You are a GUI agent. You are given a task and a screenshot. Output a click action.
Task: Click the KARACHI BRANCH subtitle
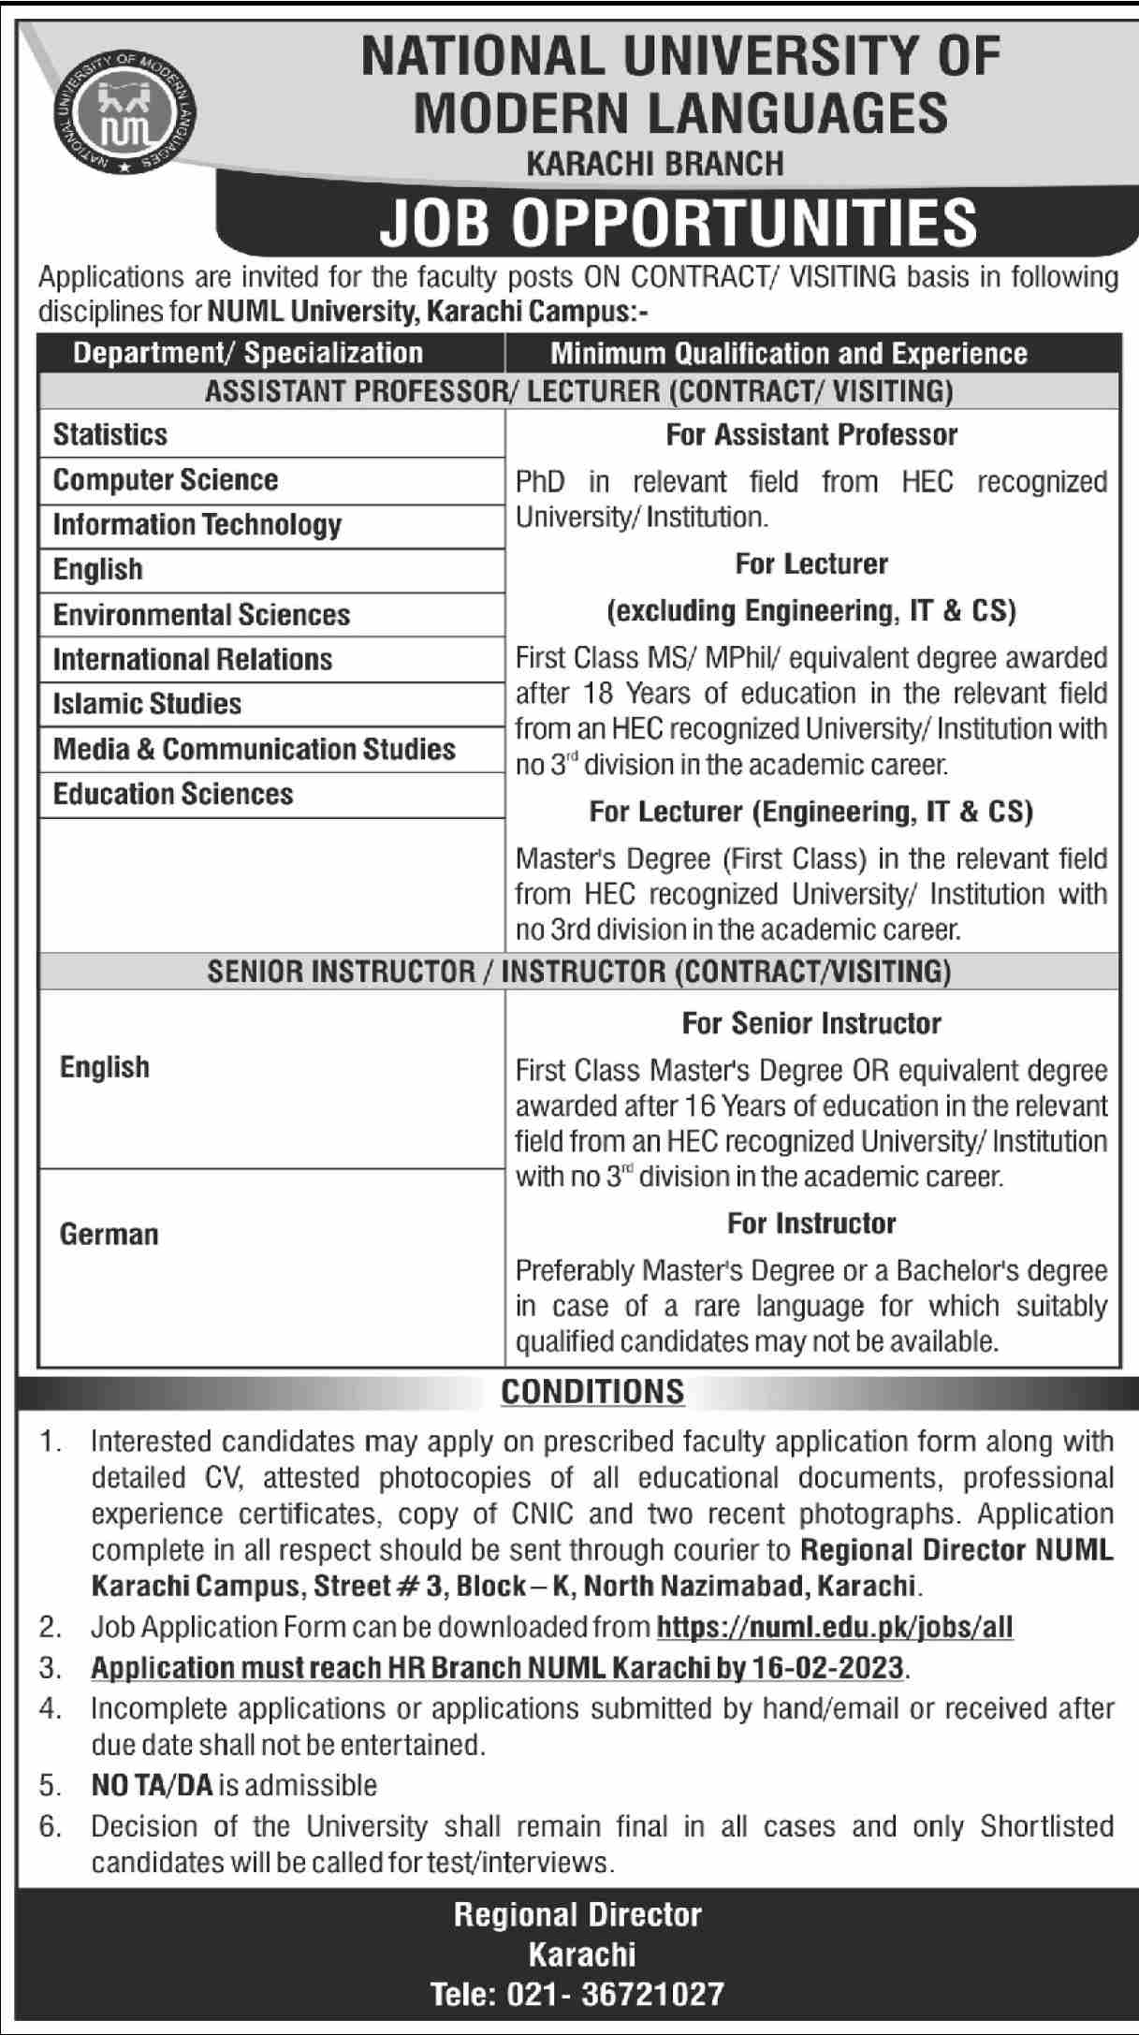coord(655,165)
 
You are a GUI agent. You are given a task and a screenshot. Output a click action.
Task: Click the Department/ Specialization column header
coord(248,353)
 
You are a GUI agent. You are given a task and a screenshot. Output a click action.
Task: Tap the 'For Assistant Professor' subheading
coord(811,434)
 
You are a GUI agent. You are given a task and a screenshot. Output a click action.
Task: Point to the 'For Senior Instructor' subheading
coord(811,1023)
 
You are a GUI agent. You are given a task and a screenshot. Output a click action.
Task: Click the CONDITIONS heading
coord(592,1392)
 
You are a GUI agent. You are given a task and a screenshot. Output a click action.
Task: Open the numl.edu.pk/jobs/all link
coord(835,1628)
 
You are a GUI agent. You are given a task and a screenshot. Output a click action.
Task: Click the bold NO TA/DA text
coord(153,1785)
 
